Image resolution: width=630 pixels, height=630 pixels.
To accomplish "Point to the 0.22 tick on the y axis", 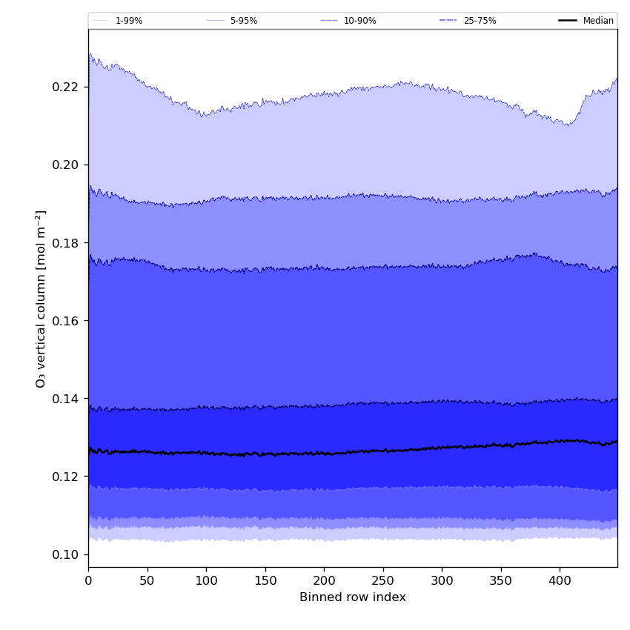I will (67, 87).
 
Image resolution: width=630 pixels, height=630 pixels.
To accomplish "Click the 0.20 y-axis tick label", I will (67, 165).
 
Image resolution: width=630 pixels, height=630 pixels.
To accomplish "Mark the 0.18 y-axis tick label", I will (67, 243).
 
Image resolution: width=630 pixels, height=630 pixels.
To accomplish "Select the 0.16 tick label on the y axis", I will (67, 321).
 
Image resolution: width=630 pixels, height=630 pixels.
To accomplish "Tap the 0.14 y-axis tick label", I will (67, 399).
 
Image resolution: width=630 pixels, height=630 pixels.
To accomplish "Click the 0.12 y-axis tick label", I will (67, 477).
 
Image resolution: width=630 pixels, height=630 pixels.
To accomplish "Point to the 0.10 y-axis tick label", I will (67, 554).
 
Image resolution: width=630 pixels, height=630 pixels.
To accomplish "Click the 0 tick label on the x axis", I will (88, 581).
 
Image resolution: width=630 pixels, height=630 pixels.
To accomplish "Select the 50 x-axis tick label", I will (147, 581).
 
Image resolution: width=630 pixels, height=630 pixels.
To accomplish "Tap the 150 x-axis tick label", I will (265, 581).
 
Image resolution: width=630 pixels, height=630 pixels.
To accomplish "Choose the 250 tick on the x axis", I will (383, 581).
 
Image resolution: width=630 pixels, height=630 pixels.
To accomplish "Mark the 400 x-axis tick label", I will (560, 581).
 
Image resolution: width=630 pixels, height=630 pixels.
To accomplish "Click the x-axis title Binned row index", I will (353, 597).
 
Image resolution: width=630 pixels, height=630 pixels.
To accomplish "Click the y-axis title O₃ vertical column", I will (41, 298).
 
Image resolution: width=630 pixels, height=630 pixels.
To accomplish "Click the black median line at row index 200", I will (324, 453).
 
